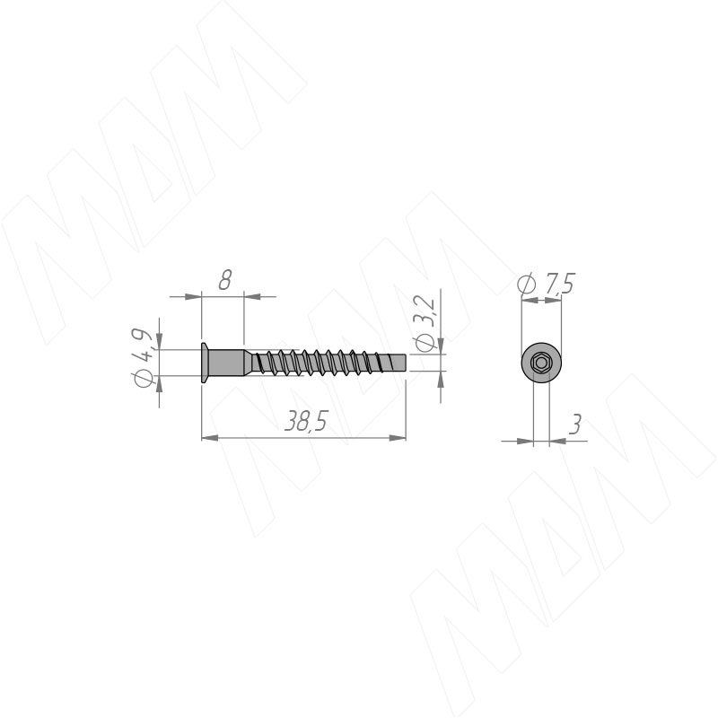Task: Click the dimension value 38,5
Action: [306, 421]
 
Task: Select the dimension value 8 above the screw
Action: [225, 280]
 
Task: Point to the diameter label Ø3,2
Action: [424, 323]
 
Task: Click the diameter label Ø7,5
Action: [546, 284]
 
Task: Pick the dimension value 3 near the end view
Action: [574, 424]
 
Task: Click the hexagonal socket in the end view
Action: [541, 363]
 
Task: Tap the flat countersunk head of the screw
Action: [205, 363]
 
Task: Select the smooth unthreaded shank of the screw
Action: [227, 363]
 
